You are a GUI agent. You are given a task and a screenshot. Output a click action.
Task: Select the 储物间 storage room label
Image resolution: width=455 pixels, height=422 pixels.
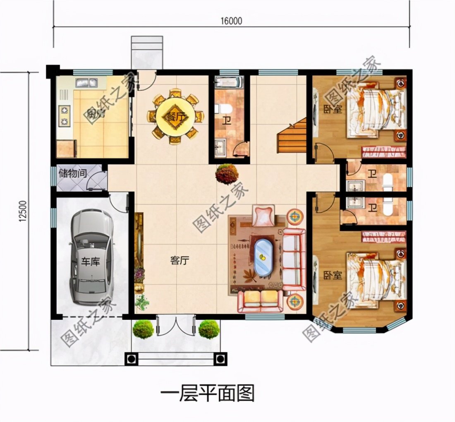[x=72, y=173]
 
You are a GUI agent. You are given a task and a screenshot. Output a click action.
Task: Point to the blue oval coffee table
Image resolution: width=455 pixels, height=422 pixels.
[x=262, y=257]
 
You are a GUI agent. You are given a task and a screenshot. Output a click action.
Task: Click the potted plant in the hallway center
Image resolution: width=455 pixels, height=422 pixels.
[x=227, y=173]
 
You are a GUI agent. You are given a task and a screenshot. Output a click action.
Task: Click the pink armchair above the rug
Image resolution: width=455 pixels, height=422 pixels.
[x=263, y=216]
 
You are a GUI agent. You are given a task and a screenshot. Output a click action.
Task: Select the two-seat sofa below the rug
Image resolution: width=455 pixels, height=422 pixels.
[x=261, y=301]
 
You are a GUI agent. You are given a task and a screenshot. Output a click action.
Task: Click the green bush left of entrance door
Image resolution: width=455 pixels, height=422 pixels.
[x=143, y=329]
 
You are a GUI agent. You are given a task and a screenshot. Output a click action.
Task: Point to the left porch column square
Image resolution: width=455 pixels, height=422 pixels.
[x=131, y=359]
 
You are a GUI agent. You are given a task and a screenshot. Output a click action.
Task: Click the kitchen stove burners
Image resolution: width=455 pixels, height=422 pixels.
[x=65, y=115]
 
